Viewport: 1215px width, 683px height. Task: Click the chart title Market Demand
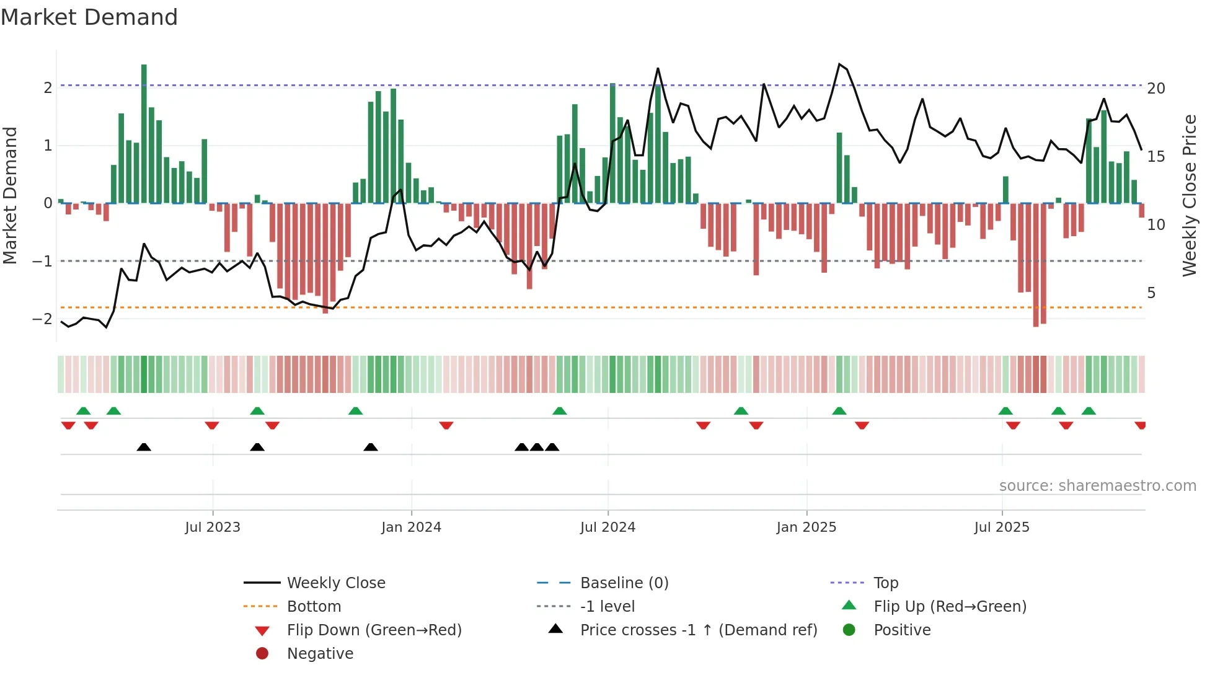pyautogui.click(x=89, y=17)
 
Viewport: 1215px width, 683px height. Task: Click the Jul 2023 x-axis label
pyautogui.click(x=213, y=527)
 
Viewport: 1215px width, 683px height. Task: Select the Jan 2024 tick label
pyautogui.click(x=411, y=527)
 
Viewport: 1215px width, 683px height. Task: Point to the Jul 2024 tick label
pyautogui.click(x=607, y=527)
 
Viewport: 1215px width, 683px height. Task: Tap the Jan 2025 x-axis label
pyautogui.click(x=806, y=527)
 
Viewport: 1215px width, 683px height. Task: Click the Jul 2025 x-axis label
pyautogui.click(x=1002, y=527)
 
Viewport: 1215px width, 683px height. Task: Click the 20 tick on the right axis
pyautogui.click(x=1155, y=89)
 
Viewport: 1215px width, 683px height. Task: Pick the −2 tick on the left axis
pyautogui.click(x=42, y=319)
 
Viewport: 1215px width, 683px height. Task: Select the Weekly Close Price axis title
pyautogui.click(x=1189, y=195)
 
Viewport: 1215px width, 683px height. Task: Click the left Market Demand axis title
pyautogui.click(x=11, y=195)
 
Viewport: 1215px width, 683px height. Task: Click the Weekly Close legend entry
pyautogui.click(x=335, y=583)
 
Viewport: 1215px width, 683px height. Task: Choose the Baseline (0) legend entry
pyautogui.click(x=624, y=583)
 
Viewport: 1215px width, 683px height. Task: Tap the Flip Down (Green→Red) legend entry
pyautogui.click(x=374, y=630)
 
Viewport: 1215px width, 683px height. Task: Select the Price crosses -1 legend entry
pyautogui.click(x=698, y=630)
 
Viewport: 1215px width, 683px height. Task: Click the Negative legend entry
pyautogui.click(x=320, y=654)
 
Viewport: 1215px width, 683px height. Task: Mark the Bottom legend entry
pyautogui.click(x=314, y=607)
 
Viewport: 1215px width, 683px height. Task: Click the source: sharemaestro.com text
pyautogui.click(x=1097, y=486)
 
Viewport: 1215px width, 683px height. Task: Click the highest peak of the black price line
pyautogui.click(x=839, y=64)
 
